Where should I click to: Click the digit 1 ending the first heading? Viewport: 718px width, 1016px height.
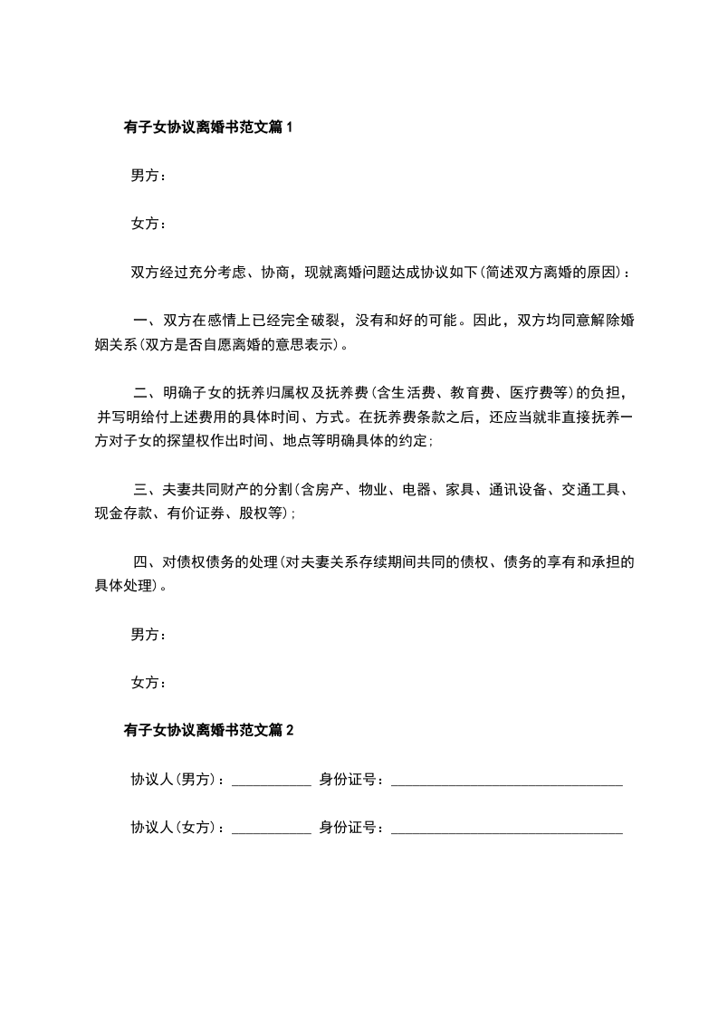tap(289, 128)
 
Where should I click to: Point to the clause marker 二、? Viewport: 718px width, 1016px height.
tap(146, 393)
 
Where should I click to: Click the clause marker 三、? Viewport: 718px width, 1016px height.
tap(146, 490)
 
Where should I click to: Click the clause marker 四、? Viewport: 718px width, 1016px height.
tap(146, 561)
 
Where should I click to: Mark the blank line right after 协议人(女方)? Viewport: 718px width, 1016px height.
tap(271, 828)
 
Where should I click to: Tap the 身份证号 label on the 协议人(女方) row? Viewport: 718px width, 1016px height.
tap(348, 828)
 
